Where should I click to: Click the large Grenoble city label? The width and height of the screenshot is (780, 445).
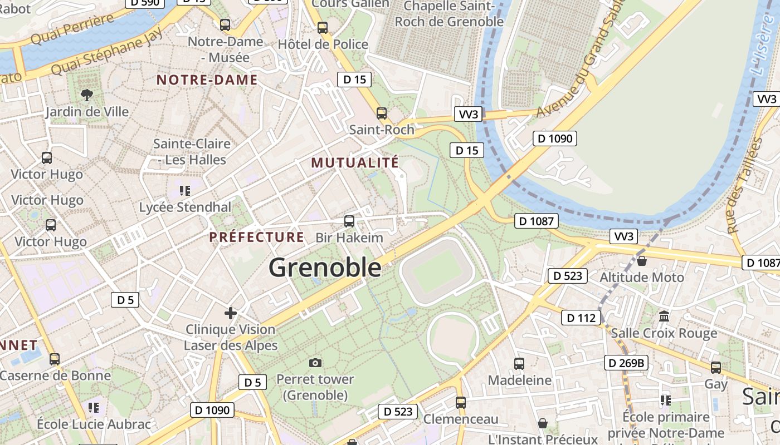point(325,268)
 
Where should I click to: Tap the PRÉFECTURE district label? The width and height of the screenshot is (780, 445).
point(257,237)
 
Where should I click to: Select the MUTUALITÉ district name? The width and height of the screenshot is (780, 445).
point(355,162)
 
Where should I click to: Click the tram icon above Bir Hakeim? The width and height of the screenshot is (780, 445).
point(349,221)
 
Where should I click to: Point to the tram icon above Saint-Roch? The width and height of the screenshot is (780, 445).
point(382,113)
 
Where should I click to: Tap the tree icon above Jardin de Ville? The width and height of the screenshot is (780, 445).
point(86,95)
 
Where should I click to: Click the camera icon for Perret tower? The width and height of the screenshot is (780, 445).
point(315,363)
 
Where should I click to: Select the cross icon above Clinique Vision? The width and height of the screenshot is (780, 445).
point(231,313)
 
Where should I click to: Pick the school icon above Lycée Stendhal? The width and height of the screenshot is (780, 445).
point(185,191)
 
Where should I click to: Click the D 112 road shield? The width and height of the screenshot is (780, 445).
point(581,318)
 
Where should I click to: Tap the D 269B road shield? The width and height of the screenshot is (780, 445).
point(626,363)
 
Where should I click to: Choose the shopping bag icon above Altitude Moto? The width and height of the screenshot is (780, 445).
point(642,260)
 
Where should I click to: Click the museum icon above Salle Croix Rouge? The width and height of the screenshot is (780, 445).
point(664,317)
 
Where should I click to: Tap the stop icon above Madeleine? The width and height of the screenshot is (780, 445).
point(519,364)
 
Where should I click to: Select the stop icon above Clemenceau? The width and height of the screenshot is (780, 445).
point(461,402)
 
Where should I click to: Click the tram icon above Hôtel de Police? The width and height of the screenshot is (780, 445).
point(323,27)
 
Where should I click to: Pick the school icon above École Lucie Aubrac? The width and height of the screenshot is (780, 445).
point(94,408)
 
